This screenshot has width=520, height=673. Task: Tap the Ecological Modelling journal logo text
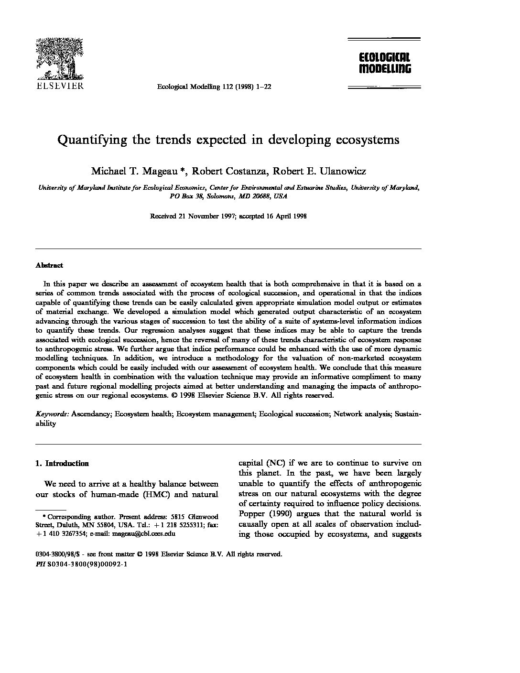pos(385,63)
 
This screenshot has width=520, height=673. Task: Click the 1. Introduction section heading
pos(62,463)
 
